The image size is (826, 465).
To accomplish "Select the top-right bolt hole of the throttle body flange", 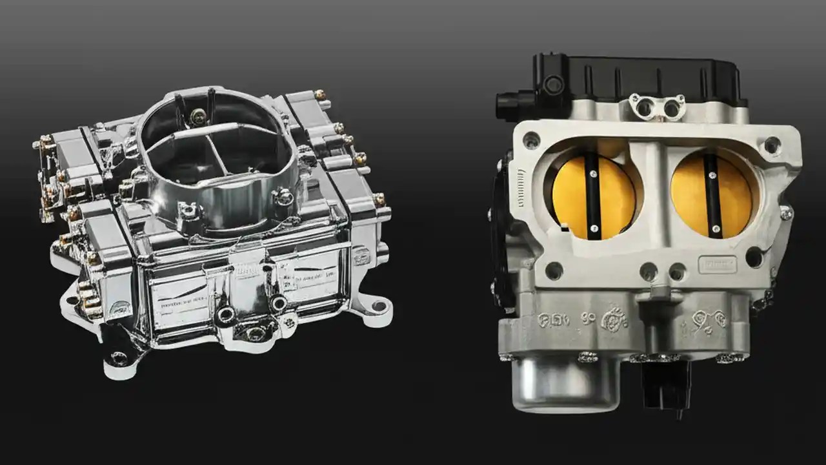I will [x=772, y=145].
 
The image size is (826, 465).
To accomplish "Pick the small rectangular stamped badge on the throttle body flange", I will [x=717, y=264].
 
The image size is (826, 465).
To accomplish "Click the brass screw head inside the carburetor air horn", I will [x=199, y=117].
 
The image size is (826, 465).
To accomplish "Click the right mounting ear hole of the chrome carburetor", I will [x=369, y=302].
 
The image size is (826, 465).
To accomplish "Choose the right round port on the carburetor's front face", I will [x=279, y=302].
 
